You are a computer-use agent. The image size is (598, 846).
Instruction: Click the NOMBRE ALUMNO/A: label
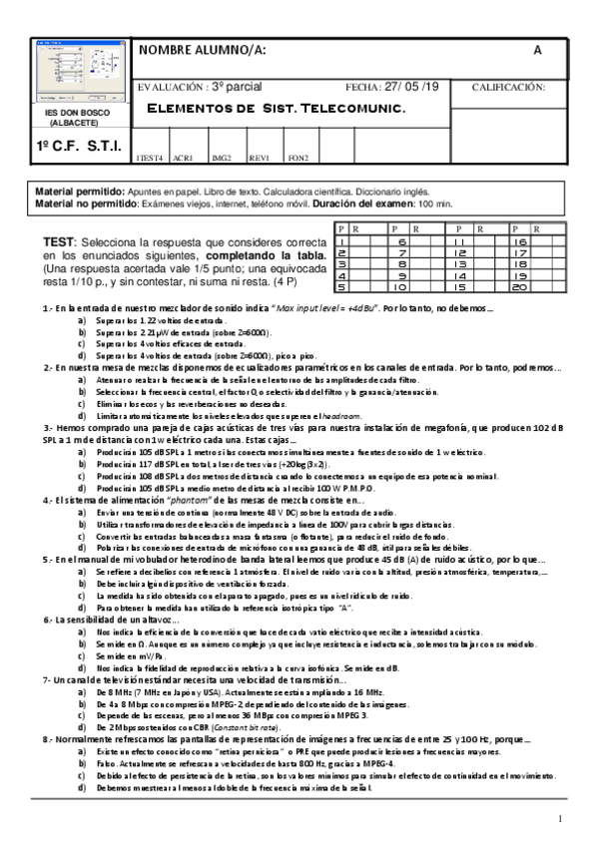tap(202, 51)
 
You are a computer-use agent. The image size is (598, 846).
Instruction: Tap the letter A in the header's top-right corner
tap(537, 51)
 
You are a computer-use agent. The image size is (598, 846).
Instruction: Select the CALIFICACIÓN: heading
tap(508, 87)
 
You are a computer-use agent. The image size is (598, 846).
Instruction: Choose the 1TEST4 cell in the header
tap(149, 158)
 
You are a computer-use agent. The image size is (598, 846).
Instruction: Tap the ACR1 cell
tap(183, 158)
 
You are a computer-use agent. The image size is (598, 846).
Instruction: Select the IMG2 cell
tap(222, 158)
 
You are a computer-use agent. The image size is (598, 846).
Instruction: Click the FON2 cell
tap(298, 158)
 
